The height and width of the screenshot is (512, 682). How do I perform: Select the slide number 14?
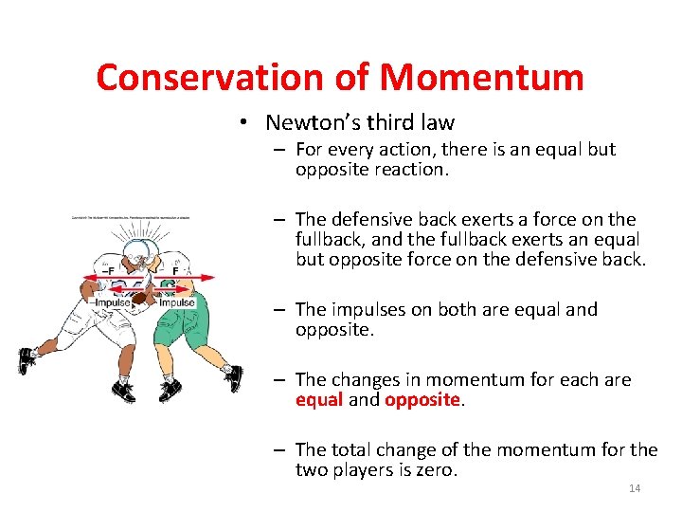(635, 488)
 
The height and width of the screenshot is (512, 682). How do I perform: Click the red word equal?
(318, 399)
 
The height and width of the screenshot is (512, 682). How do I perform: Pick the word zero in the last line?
(435, 469)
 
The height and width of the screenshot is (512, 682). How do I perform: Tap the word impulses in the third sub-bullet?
(371, 310)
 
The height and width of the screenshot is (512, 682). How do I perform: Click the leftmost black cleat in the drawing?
(27, 361)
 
